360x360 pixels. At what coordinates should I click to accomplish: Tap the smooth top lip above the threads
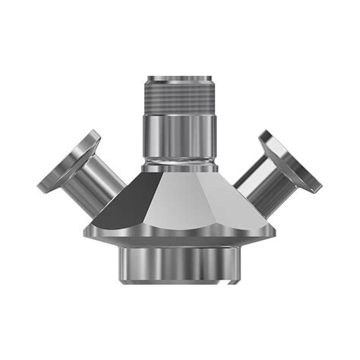coord(180,80)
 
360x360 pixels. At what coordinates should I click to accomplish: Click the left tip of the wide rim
coord(87,229)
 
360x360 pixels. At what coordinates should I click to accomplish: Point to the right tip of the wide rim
coord(274,229)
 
